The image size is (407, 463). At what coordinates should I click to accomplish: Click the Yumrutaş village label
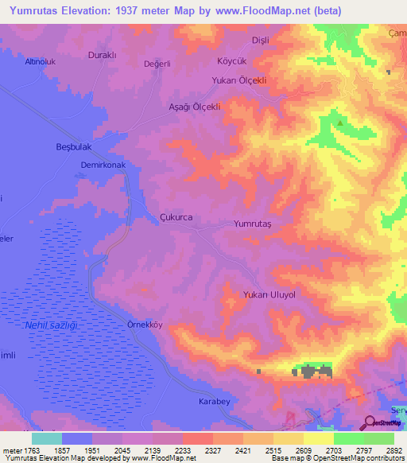point(253,224)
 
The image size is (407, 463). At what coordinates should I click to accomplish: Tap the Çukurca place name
point(176,216)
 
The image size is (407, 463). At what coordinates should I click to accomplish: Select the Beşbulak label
point(76,146)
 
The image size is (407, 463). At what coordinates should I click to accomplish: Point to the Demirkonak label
point(103,165)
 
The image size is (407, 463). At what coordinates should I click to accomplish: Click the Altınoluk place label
point(41,61)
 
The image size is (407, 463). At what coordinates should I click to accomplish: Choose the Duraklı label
point(102,56)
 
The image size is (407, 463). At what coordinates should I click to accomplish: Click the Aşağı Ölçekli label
point(194,106)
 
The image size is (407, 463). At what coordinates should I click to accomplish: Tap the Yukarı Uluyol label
point(269,294)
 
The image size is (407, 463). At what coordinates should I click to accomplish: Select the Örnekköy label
point(122,325)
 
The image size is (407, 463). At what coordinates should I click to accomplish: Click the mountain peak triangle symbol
point(339,123)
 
